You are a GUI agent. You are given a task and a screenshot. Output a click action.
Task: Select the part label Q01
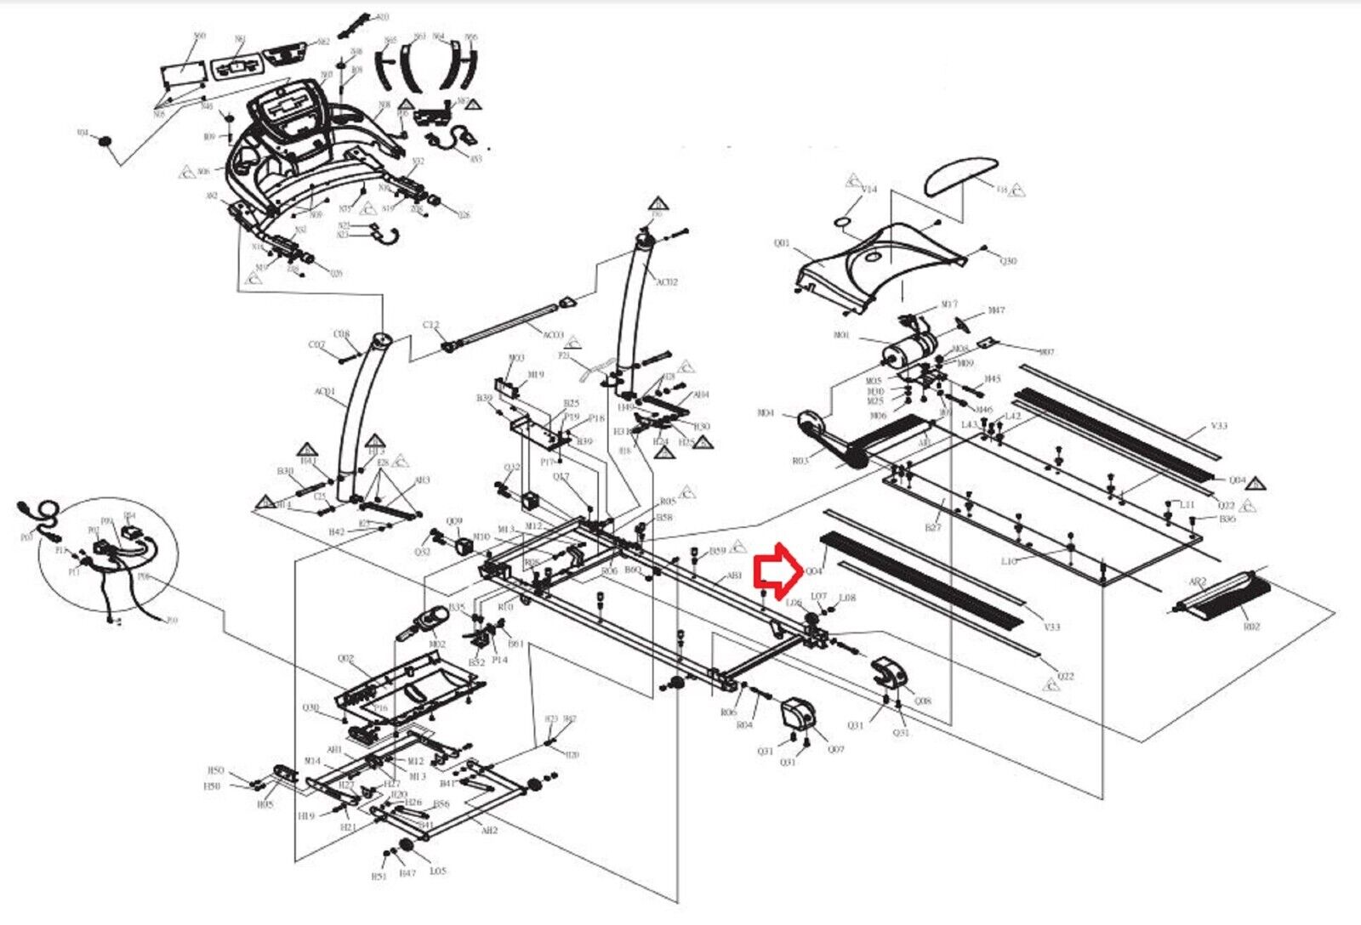point(782,243)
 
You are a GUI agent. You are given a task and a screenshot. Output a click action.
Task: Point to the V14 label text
point(868,189)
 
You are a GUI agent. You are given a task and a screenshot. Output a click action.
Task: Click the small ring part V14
point(842,220)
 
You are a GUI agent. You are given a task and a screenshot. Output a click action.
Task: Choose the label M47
point(996,311)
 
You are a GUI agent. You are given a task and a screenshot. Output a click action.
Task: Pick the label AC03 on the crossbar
point(554,335)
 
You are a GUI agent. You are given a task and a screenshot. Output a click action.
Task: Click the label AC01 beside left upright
point(325,392)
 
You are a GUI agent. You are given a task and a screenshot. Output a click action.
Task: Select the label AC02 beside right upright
point(666,281)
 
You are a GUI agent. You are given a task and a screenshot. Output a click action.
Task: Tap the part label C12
point(431,325)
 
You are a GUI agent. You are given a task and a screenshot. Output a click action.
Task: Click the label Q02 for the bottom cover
point(345,659)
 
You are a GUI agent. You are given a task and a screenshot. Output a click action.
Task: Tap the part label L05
point(437,871)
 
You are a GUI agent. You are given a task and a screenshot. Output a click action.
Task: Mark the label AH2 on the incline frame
point(489,831)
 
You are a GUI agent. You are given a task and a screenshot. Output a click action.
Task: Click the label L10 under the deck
point(1009,562)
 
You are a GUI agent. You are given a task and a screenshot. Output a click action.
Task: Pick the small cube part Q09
point(464,544)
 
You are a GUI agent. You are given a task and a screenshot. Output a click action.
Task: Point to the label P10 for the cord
point(172,621)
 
